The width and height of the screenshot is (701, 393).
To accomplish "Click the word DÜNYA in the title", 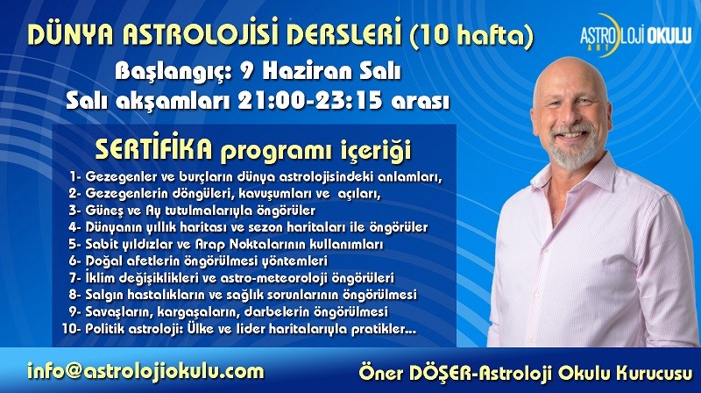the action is (71, 33).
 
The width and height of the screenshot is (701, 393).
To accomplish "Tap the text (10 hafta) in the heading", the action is (471, 34).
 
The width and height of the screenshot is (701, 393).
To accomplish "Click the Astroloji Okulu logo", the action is (635, 35).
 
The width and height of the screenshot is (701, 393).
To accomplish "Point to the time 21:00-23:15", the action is (310, 101).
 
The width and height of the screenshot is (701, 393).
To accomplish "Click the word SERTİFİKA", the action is (154, 150).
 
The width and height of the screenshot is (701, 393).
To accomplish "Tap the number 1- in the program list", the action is (75, 176).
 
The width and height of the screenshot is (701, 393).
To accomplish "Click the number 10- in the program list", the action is (72, 329).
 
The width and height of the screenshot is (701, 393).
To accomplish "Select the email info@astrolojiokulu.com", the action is (145, 372).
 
